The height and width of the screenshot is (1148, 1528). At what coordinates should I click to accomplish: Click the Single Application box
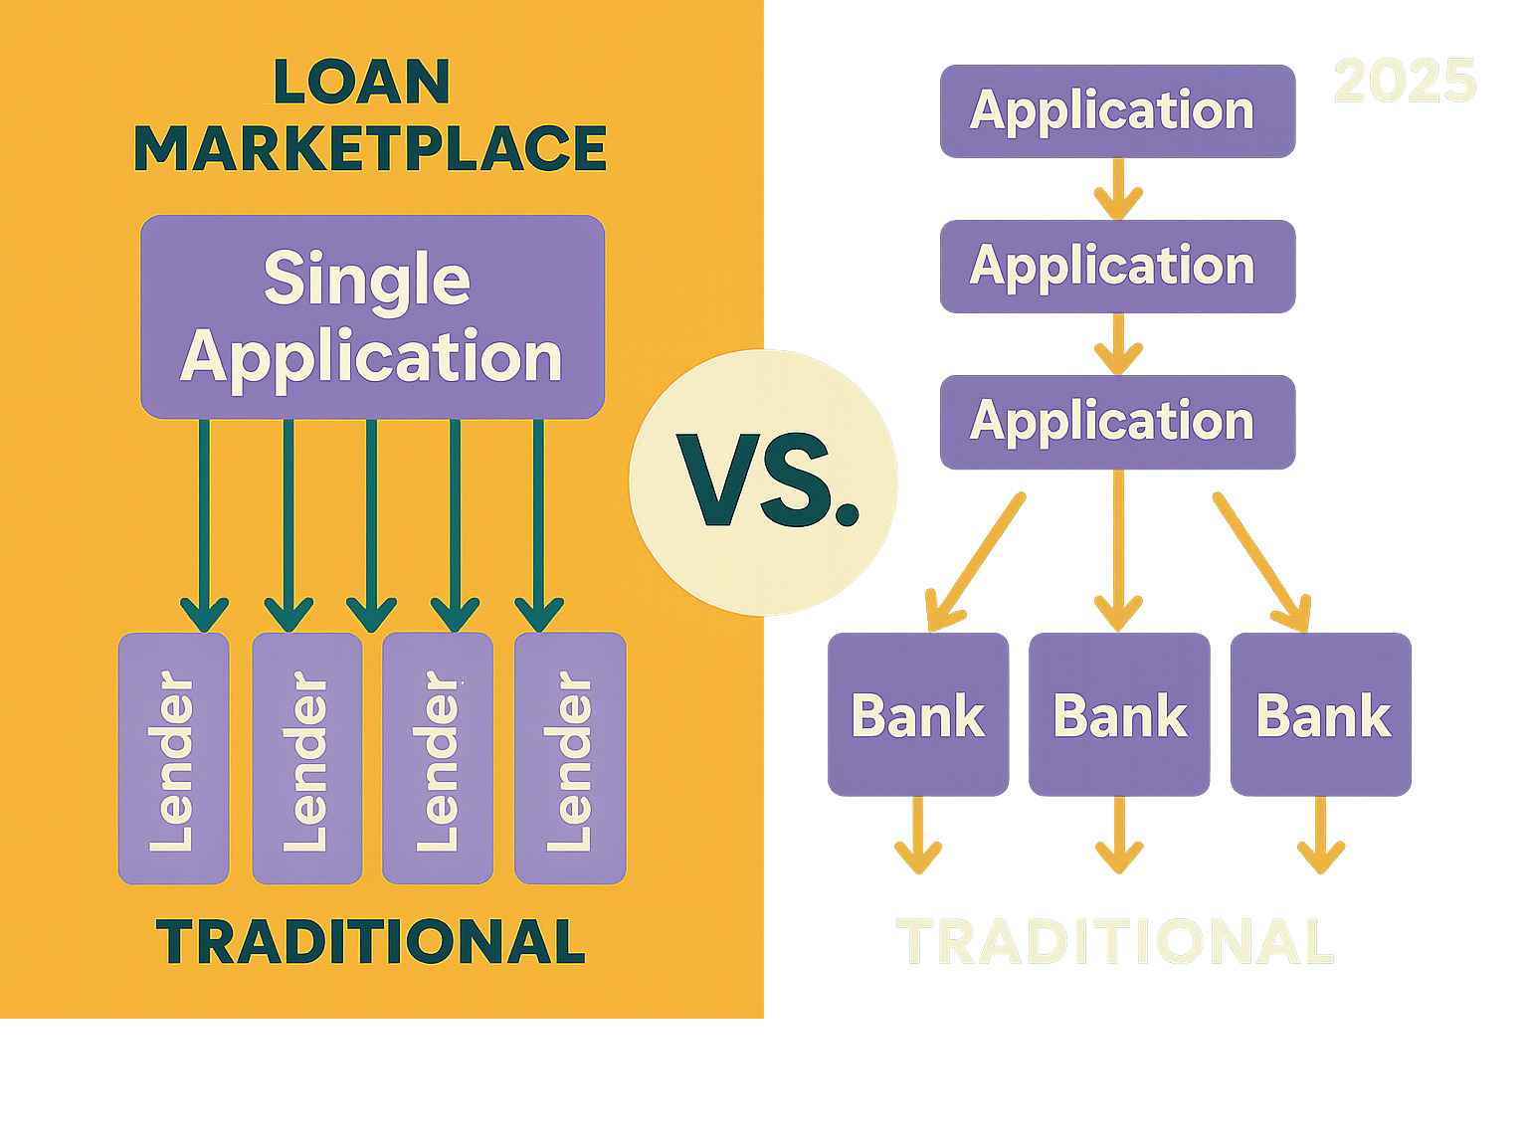pos(372,316)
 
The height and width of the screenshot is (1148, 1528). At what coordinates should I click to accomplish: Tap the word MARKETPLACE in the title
pos(370,149)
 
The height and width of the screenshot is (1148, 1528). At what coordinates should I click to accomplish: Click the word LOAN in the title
pos(361,82)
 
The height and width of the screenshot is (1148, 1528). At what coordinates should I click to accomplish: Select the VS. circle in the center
pos(764,482)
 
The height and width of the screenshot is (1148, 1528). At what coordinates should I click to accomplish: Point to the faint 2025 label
pos(1405,81)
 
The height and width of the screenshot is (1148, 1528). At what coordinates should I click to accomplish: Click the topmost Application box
pos(1117,110)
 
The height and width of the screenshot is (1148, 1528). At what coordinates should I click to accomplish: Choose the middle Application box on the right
pos(1117,267)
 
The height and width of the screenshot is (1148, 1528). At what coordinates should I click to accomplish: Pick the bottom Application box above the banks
pos(1117,422)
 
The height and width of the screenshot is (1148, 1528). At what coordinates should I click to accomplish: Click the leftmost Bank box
pos(918,714)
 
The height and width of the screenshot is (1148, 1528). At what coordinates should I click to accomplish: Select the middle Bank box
pos(1119,714)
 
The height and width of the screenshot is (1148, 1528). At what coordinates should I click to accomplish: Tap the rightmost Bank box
pos(1321,714)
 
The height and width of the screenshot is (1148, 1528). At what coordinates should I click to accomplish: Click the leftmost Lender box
pos(174,758)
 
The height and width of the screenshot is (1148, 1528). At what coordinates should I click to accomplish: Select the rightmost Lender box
pos(570,758)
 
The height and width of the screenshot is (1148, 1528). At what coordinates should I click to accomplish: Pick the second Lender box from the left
pos(306,758)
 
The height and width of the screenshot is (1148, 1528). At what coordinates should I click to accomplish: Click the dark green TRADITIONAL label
pos(370,942)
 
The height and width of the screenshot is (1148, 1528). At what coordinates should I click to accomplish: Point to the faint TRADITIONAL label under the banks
pos(1114,942)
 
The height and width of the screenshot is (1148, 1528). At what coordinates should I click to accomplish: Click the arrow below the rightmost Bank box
pos(1321,836)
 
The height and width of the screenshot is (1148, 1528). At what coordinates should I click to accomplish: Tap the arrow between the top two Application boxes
pos(1118,189)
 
